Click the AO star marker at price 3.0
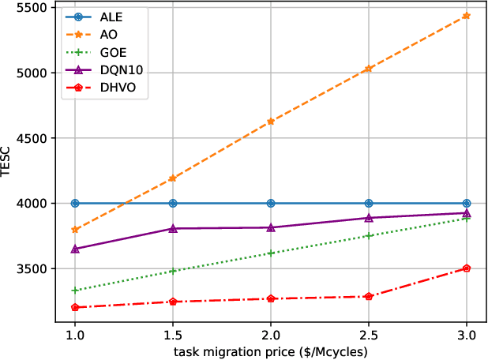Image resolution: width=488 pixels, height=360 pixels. click(467, 16)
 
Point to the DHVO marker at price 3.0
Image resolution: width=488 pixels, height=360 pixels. click(467, 268)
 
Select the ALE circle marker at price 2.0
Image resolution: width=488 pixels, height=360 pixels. click(271, 203)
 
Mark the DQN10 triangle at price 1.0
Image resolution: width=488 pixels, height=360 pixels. click(75, 249)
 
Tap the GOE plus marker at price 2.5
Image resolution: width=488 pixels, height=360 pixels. click(369, 236)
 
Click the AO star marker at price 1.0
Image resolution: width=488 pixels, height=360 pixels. click(75, 230)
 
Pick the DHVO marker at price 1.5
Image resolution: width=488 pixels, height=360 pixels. click(173, 302)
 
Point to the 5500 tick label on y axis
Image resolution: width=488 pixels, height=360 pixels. click(36, 8)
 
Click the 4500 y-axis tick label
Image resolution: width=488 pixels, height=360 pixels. click(36, 138)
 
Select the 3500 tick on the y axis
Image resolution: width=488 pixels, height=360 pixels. click(36, 269)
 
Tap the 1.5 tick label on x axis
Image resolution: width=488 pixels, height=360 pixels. click(173, 335)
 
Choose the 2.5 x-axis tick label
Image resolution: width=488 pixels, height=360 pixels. click(369, 335)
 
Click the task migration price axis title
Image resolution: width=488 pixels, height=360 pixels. click(271, 351)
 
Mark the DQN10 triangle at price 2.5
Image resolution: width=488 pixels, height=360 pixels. click(369, 218)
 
